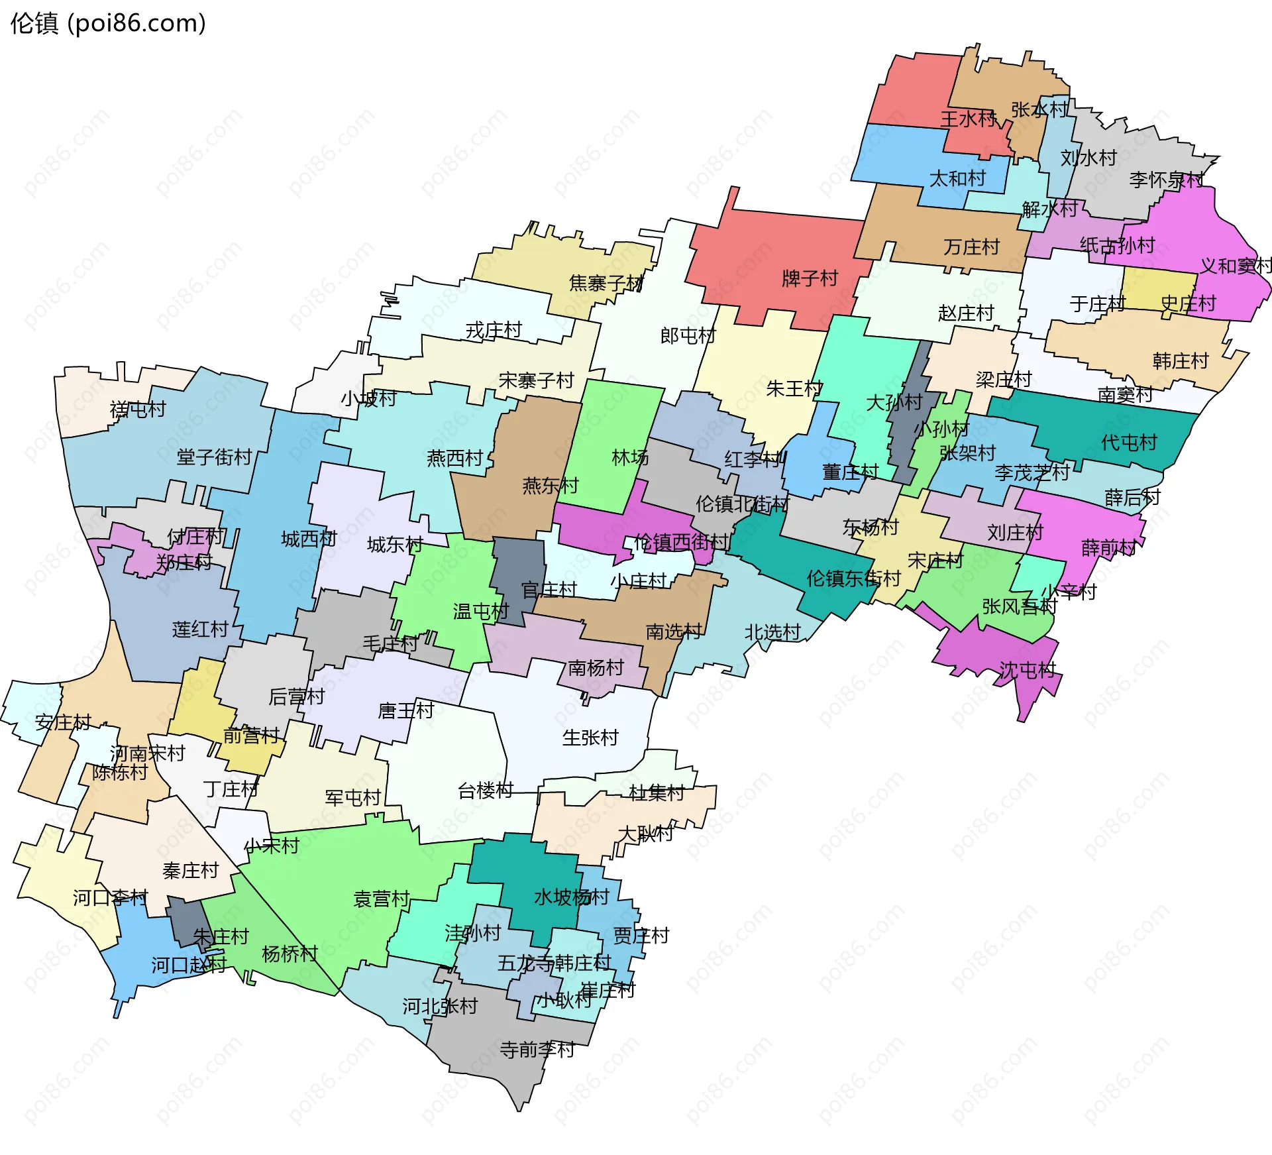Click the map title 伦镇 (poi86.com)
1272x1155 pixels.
[x=108, y=23]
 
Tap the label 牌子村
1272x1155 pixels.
[x=810, y=278]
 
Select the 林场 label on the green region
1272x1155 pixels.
[x=629, y=457]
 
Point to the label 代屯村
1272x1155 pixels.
[x=1128, y=442]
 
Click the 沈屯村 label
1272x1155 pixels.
[x=1027, y=670]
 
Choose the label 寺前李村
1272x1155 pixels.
[x=537, y=1050]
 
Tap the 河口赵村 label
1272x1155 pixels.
[x=189, y=965]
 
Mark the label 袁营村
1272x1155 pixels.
[x=382, y=899]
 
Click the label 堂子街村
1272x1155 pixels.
[x=214, y=457]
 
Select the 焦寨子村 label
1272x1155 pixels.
[x=606, y=283]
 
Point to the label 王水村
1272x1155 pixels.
[x=968, y=119]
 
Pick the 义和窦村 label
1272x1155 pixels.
[x=1236, y=266]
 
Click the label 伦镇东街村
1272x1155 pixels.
[x=853, y=578]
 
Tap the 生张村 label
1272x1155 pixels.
[x=590, y=738]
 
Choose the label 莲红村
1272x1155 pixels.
[x=200, y=629]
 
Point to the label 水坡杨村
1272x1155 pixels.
[x=571, y=897]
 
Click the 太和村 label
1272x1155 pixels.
[x=957, y=178]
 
